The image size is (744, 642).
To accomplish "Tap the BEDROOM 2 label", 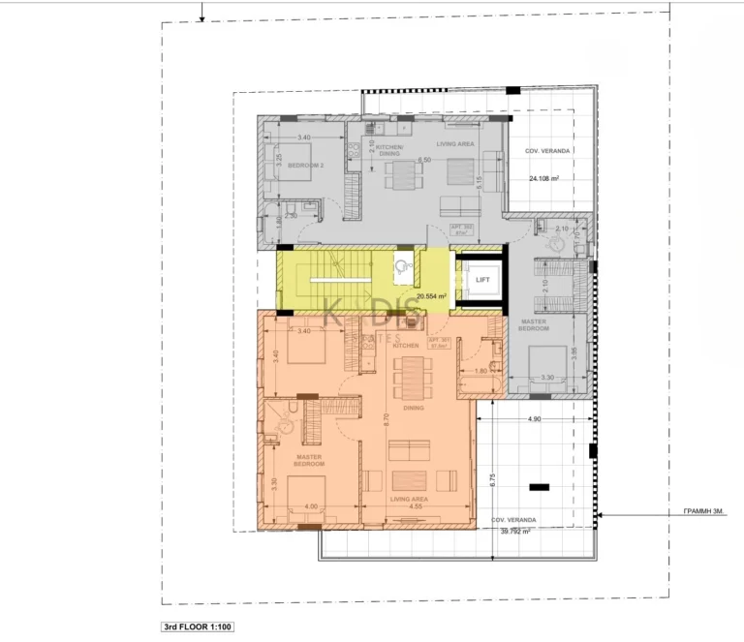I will tap(304, 166).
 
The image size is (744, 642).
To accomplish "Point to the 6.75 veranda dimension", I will tap(492, 476).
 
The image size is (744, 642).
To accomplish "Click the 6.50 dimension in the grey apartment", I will tap(423, 160).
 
